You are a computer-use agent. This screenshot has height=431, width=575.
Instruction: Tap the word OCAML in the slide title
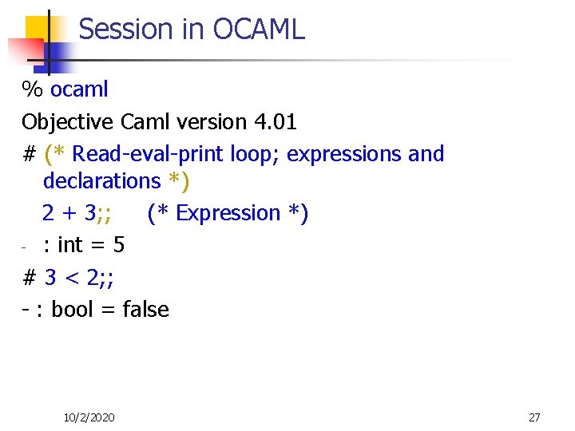pyautogui.click(x=260, y=30)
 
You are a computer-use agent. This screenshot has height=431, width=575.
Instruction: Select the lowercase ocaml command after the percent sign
pyautogui.click(x=79, y=89)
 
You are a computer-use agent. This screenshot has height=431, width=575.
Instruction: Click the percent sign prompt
pyautogui.click(x=32, y=89)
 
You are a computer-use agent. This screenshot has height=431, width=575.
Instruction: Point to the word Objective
pyautogui.click(x=68, y=122)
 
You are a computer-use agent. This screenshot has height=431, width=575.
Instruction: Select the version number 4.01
pyautogui.click(x=275, y=122)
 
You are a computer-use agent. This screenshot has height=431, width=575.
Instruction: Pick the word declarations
pyautogui.click(x=101, y=181)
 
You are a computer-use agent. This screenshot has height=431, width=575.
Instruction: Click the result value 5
pyautogui.click(x=119, y=244)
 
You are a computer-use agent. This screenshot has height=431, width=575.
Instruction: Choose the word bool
pyautogui.click(x=72, y=310)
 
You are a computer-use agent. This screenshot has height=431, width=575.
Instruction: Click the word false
pyautogui.click(x=145, y=310)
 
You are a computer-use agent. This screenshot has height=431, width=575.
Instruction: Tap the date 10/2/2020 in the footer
pyautogui.click(x=89, y=417)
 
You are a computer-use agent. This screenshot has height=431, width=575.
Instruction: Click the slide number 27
pyautogui.click(x=534, y=417)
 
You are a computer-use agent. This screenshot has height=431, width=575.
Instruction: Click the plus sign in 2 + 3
pyautogui.click(x=69, y=214)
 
